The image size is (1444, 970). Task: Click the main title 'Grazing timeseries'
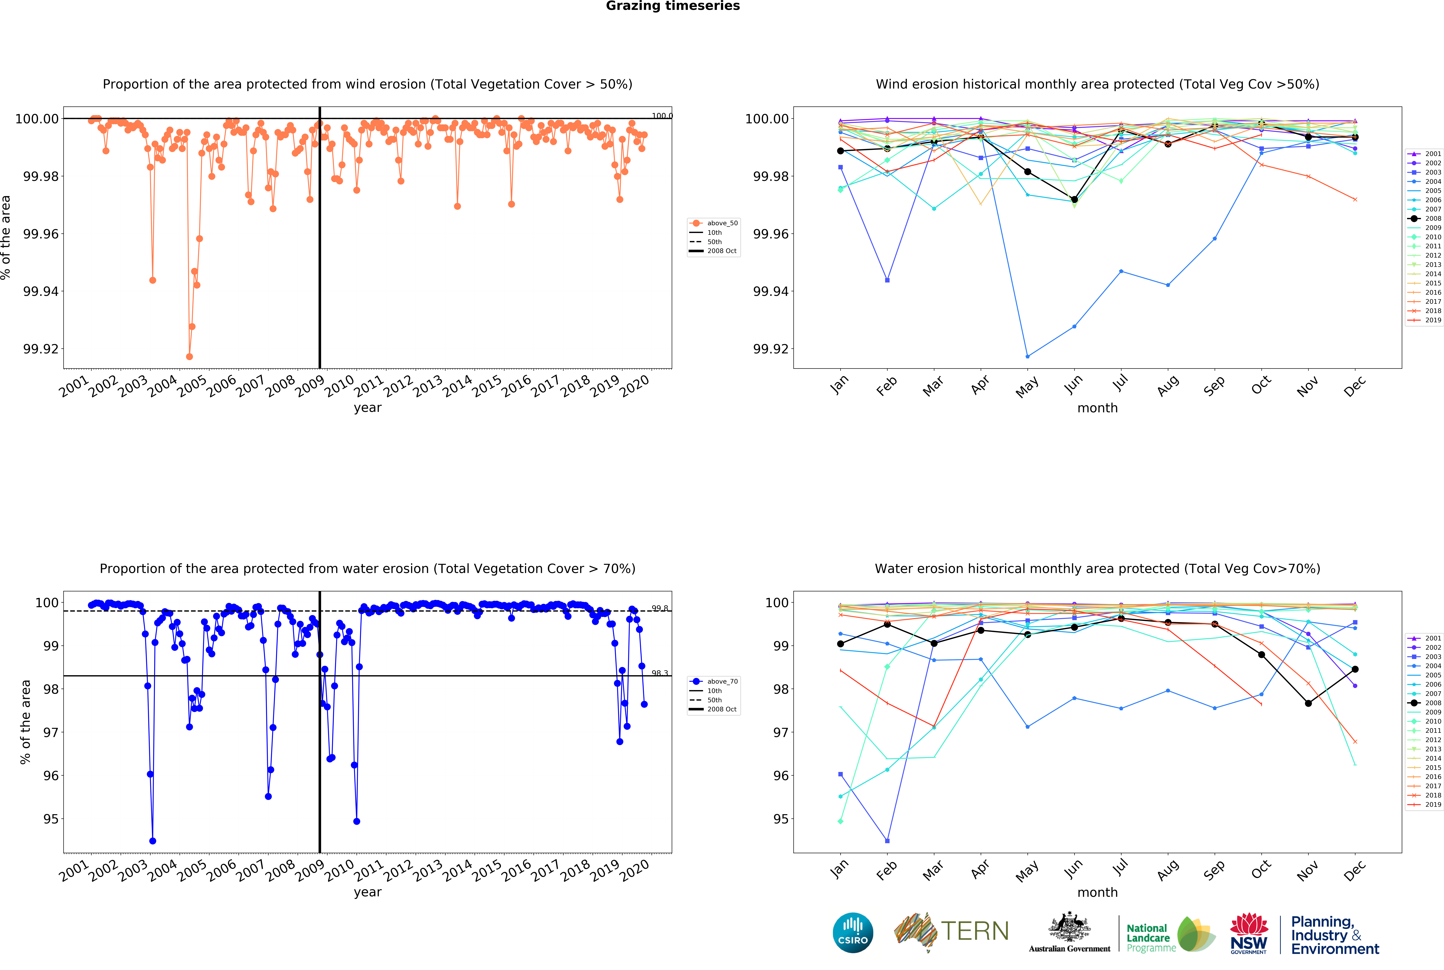pos(672,6)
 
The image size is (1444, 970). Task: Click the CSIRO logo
pos(852,932)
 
